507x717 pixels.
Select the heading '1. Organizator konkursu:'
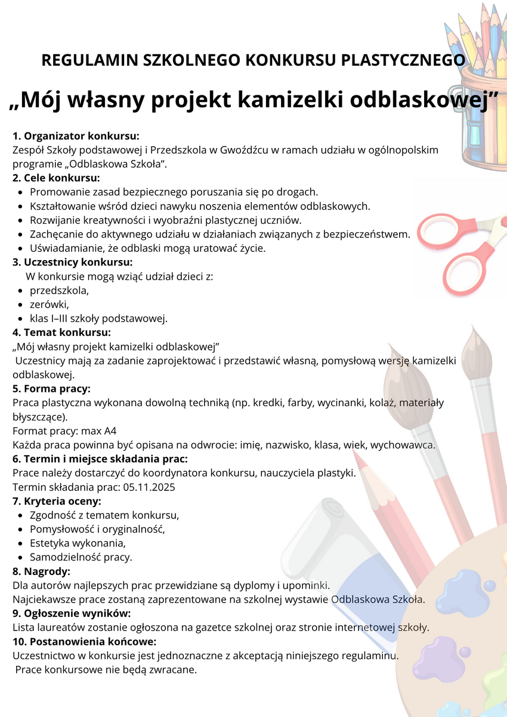[76, 135]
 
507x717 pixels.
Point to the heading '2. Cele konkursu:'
[56, 178]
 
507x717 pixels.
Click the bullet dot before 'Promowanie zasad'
[21, 193]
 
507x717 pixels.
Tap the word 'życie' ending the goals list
[251, 248]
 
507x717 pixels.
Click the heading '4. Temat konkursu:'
[61, 332]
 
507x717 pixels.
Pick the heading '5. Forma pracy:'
[51, 389]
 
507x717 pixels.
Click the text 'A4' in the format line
[110, 431]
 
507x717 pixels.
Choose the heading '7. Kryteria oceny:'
[57, 501]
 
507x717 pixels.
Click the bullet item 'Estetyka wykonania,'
[78, 543]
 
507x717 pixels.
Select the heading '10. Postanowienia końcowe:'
[84, 641]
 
